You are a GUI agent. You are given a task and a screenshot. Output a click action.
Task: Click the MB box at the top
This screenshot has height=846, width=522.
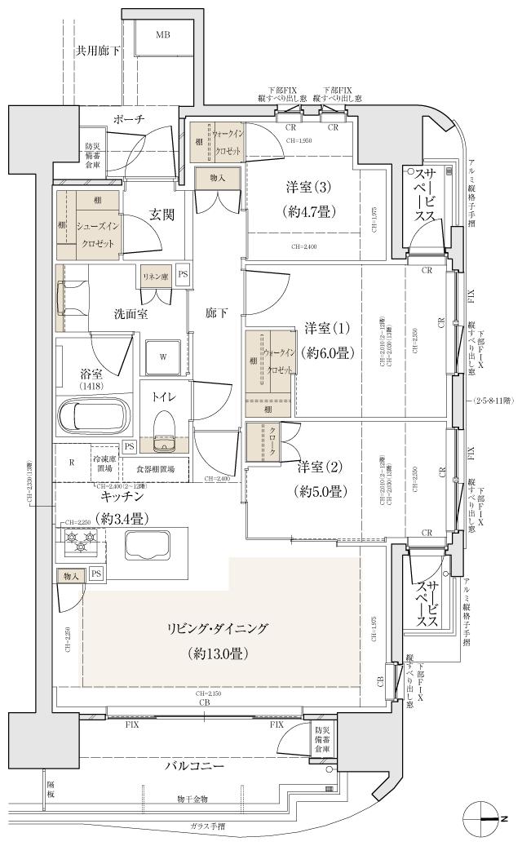coord(163,36)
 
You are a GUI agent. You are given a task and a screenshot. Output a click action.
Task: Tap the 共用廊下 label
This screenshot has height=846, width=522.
coord(98,51)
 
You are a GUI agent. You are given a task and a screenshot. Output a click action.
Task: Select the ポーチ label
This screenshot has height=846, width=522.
coord(129,119)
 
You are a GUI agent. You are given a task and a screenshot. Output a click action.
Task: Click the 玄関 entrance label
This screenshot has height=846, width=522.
coord(162,215)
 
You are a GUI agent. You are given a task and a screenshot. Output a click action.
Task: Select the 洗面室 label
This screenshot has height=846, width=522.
coord(130,313)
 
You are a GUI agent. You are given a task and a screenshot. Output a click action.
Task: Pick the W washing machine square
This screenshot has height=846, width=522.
coord(163,357)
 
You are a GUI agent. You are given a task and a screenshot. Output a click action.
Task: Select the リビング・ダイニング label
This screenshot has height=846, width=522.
coord(218,629)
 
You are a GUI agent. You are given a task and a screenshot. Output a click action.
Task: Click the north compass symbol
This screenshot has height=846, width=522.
coord(480,817)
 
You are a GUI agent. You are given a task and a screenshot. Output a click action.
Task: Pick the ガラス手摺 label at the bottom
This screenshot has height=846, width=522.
coord(207,826)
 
